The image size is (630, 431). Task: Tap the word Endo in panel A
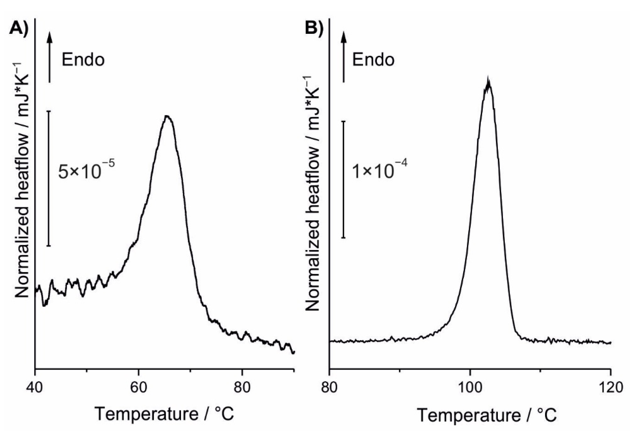83,60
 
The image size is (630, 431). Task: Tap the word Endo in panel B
373,60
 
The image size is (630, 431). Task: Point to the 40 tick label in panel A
35,387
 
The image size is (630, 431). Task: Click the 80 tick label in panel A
242,387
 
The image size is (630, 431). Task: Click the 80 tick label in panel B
329,387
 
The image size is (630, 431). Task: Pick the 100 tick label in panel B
470,387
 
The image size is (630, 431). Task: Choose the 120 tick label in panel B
611,387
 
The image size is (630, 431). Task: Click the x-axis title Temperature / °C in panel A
164,414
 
